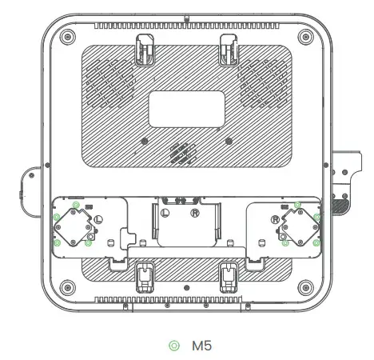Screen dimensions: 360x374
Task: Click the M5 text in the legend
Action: point(201,345)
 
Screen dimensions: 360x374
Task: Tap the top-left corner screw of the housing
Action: point(67,38)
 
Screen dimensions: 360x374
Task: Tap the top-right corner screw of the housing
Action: point(305,38)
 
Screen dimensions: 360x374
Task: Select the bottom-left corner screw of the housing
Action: point(67,286)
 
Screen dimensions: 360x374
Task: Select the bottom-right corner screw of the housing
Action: point(305,286)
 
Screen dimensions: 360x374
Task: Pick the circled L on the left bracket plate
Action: point(98,218)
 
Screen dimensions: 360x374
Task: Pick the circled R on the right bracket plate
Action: point(276,218)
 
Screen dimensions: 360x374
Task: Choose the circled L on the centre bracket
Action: point(165,213)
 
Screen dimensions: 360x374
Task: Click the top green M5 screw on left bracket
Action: point(75,205)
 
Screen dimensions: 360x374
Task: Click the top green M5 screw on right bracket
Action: point(298,205)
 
